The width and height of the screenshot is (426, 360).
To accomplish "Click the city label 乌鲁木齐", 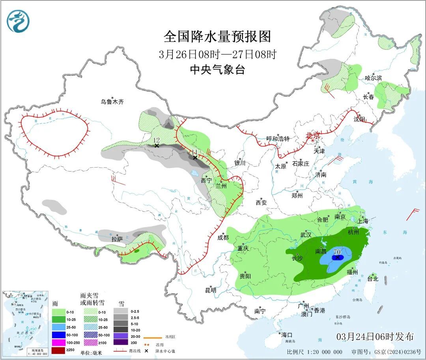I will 112,102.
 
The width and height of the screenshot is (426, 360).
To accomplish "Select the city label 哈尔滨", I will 373,78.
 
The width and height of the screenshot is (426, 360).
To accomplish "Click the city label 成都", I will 223,237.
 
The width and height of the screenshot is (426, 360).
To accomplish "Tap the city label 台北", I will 373,279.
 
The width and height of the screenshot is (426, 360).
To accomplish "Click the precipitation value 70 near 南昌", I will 337,251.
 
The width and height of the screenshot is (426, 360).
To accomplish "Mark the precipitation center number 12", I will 156,140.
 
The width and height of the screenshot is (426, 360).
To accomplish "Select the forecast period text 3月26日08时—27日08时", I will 217,54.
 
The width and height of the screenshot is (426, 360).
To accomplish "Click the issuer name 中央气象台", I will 217,70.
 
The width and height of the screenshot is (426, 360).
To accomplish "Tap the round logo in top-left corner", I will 18,21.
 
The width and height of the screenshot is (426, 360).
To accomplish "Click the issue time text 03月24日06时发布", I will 375,337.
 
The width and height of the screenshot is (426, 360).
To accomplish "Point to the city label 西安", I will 261,203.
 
